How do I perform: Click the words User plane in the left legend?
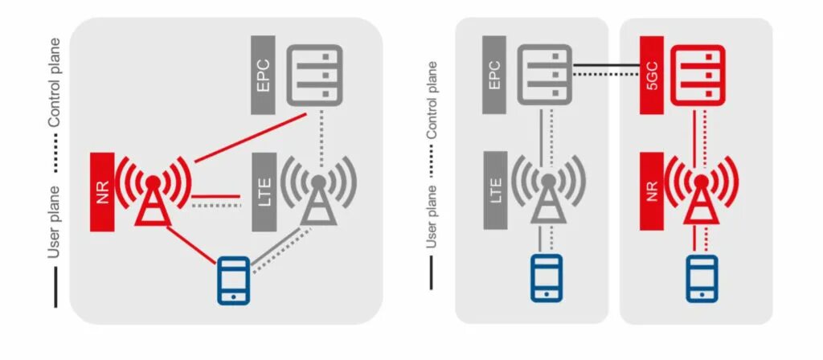tap(54, 221)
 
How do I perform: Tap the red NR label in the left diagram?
tap(102, 194)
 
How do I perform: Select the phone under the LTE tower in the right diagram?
tap(546, 278)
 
